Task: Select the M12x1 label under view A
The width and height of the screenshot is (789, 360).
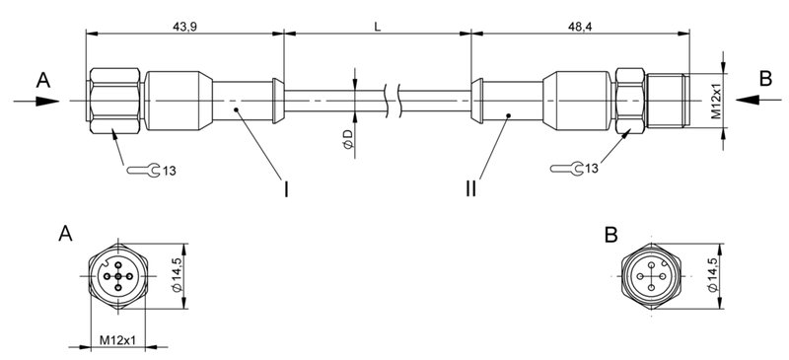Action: click(x=117, y=340)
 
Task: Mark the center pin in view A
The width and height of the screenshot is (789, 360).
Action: click(x=117, y=276)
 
